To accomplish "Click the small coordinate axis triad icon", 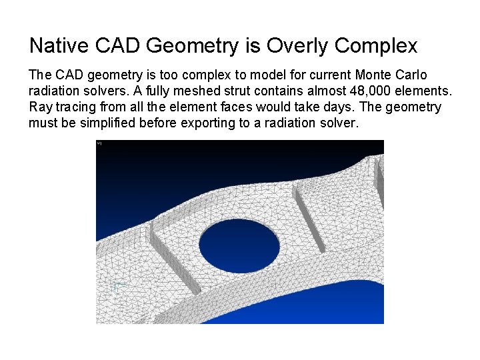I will tap(119, 287).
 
